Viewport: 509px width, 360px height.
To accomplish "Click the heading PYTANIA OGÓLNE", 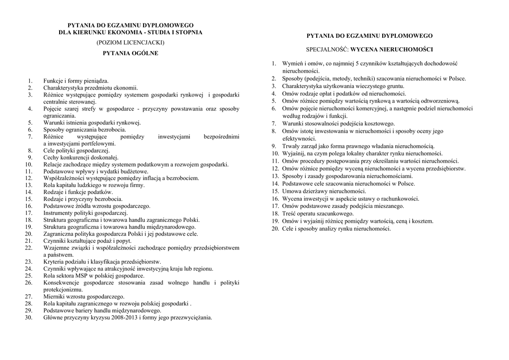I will click(x=130, y=53).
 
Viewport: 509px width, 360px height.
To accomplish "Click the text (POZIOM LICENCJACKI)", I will click(x=130, y=43).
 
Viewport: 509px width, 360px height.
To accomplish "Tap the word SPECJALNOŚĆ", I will click(x=327, y=50).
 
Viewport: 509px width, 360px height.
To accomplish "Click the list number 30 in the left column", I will click(x=28, y=317).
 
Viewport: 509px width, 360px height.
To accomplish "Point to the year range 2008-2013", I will click(x=122, y=317).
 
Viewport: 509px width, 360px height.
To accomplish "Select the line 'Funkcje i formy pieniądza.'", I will click(x=76, y=81).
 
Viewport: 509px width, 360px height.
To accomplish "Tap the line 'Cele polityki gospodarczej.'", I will click(x=77, y=150).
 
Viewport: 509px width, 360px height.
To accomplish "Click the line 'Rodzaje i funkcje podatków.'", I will click(x=78, y=192).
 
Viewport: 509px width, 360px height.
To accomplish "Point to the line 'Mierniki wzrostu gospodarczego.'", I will click(x=84, y=296).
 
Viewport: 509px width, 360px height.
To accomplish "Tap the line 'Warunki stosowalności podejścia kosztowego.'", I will click(x=339, y=123).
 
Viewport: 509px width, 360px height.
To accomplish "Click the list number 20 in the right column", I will click(x=275, y=229).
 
